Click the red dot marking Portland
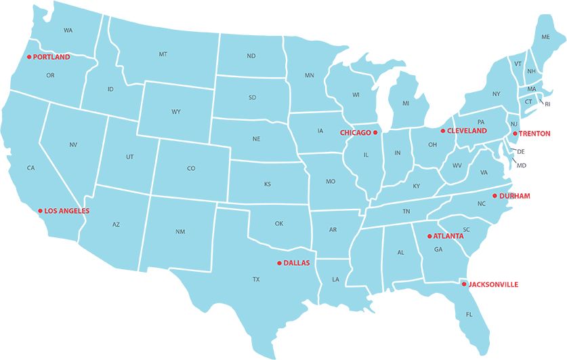(x=29, y=57)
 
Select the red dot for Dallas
(x=279, y=262)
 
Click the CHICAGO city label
(x=355, y=133)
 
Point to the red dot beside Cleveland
(x=443, y=131)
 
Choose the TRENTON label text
(x=534, y=134)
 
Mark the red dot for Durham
(x=495, y=196)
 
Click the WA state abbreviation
(x=68, y=31)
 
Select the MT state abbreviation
(x=163, y=54)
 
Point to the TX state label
(x=256, y=279)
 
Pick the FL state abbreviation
(x=469, y=314)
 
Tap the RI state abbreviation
(x=547, y=104)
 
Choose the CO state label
(x=191, y=168)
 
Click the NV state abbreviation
(x=73, y=144)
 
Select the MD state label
(x=521, y=165)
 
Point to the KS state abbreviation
(x=267, y=184)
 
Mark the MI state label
(x=406, y=103)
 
